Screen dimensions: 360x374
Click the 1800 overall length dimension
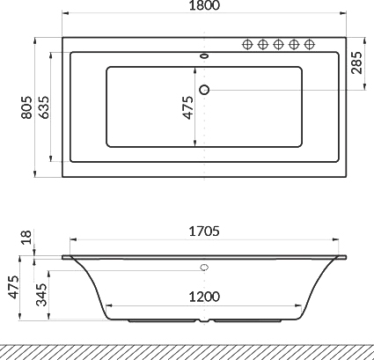(x=204, y=7)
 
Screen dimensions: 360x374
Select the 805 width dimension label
(x=27, y=107)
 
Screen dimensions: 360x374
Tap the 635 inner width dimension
(x=44, y=107)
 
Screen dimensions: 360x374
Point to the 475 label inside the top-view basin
(x=187, y=107)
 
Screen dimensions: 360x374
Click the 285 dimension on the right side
(x=356, y=63)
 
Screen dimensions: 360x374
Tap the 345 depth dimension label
(x=41, y=294)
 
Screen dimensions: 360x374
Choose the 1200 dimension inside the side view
(x=204, y=296)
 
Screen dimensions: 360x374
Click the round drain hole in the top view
(x=205, y=88)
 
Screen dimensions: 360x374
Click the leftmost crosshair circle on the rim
(x=247, y=45)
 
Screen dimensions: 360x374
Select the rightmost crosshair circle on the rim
(x=310, y=45)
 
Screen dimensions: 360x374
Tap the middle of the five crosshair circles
(x=278, y=45)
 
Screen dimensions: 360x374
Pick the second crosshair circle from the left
(x=262, y=45)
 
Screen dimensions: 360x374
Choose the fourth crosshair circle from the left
(x=294, y=45)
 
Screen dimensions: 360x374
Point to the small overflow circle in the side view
(x=205, y=268)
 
